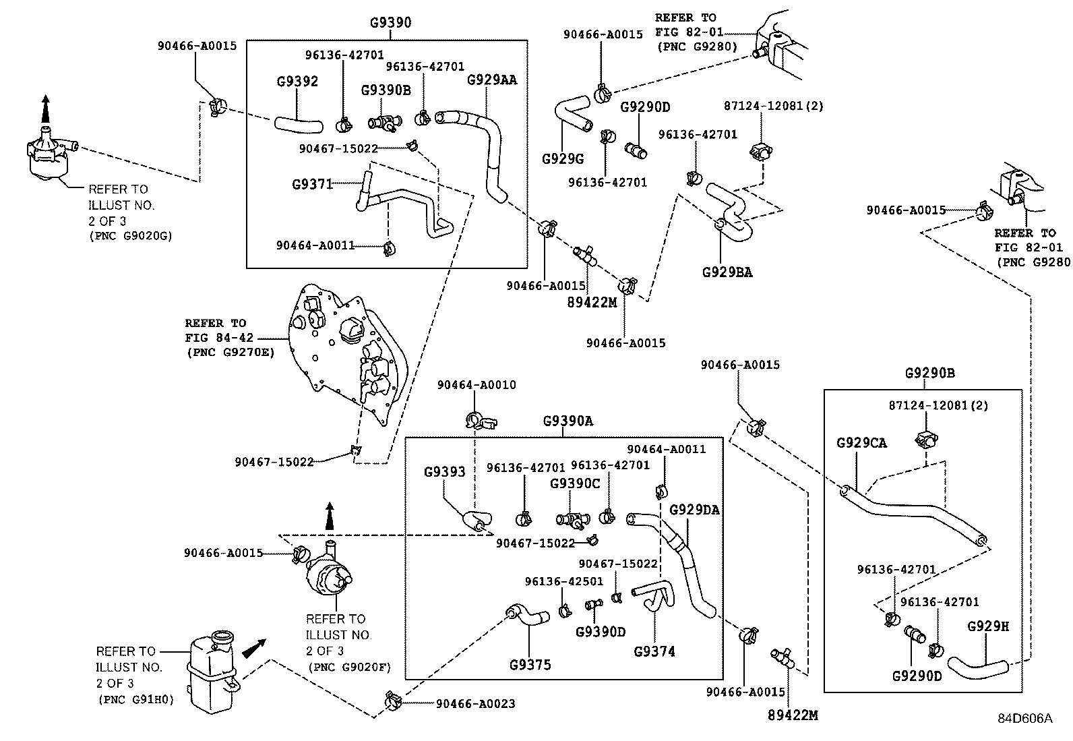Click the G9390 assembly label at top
[x=390, y=22]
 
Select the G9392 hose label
[x=297, y=82]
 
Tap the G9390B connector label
[x=386, y=90]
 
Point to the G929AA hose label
[x=492, y=80]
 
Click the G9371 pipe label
[x=313, y=183]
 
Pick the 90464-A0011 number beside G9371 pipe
[x=315, y=245]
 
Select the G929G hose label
[x=563, y=159]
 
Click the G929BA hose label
[x=727, y=272]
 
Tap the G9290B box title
[x=929, y=374]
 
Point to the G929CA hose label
[x=861, y=443]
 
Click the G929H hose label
[x=988, y=626]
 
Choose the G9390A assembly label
[x=568, y=421]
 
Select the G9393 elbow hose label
[x=444, y=472]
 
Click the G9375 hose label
[x=530, y=665]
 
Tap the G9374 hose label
[x=654, y=651]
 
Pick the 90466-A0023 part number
[x=475, y=704]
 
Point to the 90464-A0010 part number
[x=477, y=385]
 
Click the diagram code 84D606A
[x=1024, y=718]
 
